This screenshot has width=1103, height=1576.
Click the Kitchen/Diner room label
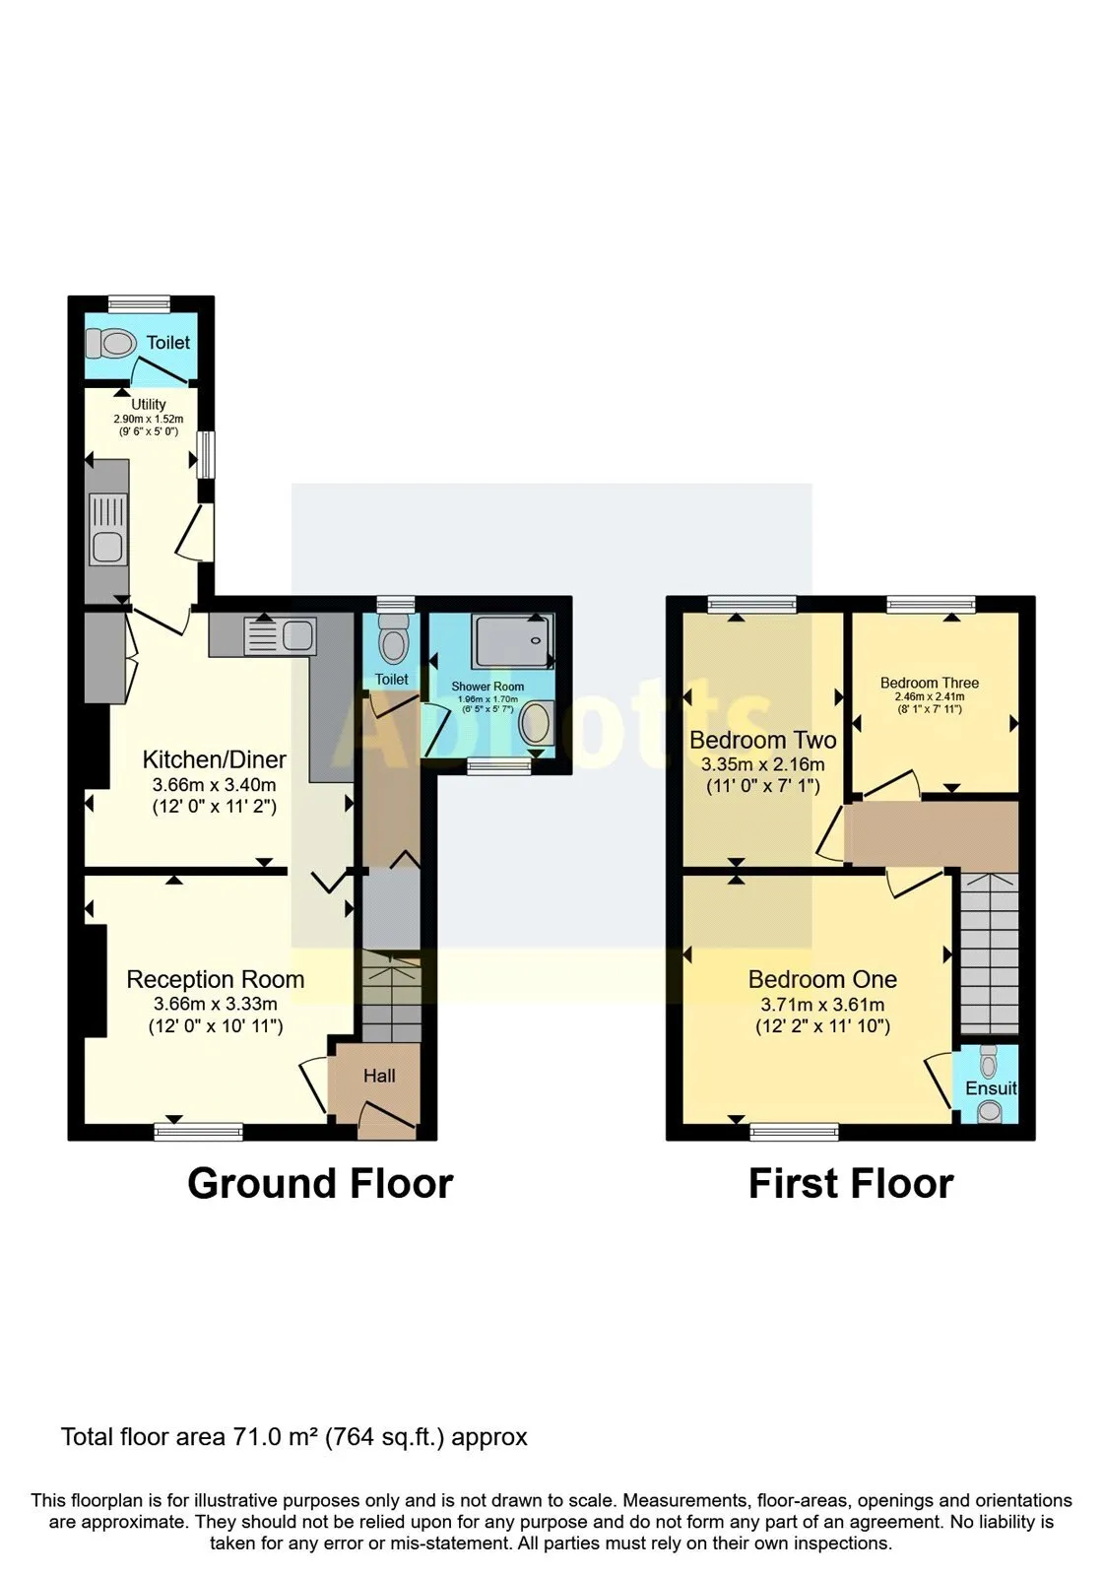[215, 759]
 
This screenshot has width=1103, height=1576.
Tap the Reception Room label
[216, 979]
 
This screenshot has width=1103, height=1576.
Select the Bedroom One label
[822, 979]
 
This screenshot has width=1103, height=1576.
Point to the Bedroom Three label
[930, 683]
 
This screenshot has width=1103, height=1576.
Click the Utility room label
[149, 405]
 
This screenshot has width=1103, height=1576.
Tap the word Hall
[379, 1076]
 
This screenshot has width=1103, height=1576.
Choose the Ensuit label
[991, 1088]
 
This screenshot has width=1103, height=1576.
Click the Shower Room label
[487, 687]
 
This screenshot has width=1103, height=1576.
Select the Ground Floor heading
[320, 1184]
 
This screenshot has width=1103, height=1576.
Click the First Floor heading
[851, 1184]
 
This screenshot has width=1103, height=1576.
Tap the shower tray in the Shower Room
[514, 641]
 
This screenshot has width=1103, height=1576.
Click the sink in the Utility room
[108, 529]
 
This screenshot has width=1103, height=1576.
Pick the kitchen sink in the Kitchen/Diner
[280, 636]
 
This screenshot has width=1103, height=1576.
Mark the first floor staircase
[990, 953]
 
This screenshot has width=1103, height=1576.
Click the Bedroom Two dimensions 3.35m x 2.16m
[763, 764]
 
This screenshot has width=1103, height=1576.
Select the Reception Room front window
[198, 1132]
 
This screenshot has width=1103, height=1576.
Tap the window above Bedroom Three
[931, 604]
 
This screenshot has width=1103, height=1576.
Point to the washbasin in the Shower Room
[536, 725]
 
